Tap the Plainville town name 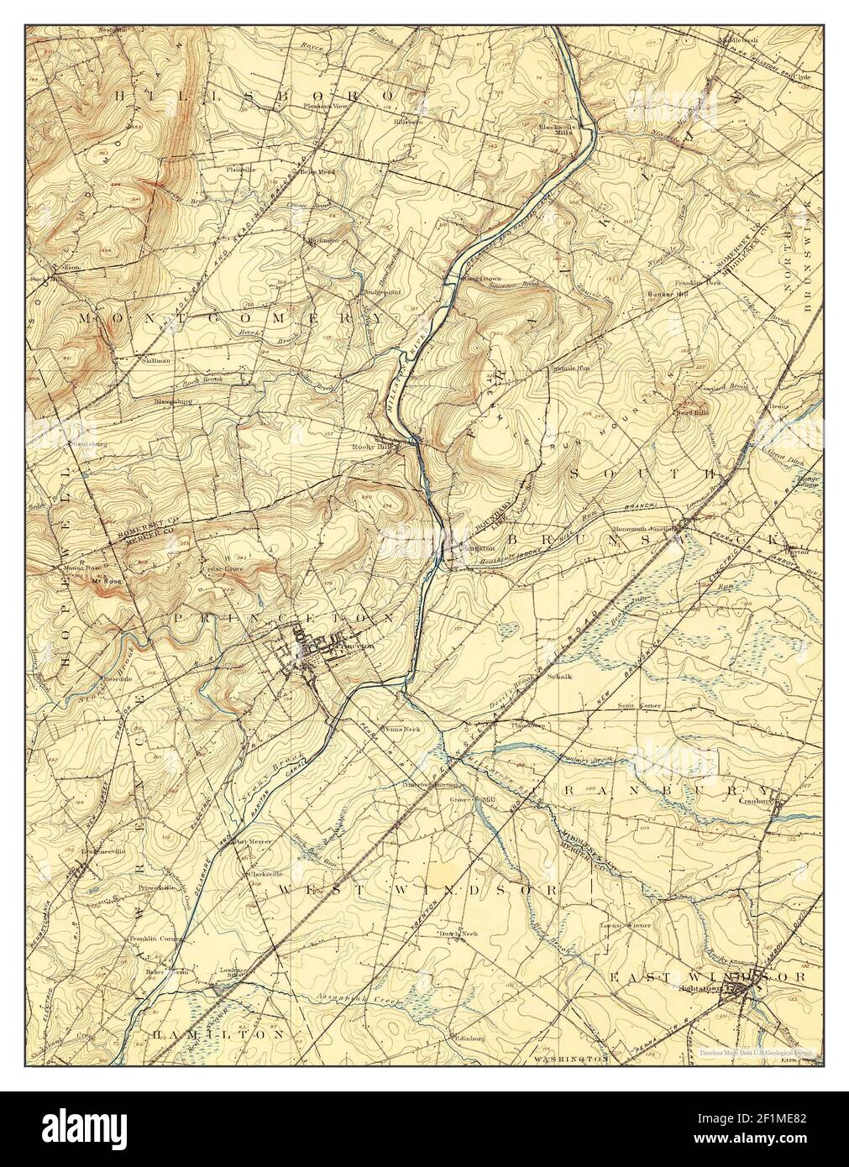point(239,169)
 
